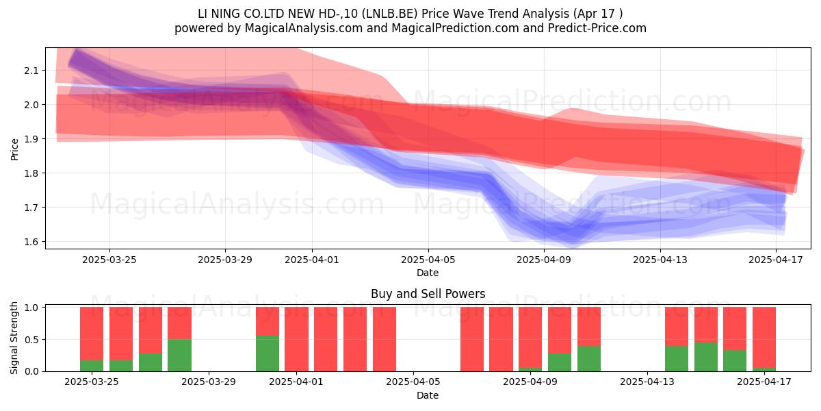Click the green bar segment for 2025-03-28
(x=179, y=356)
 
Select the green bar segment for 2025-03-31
(x=268, y=353)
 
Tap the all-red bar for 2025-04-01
(x=296, y=339)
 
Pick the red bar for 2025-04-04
(x=384, y=339)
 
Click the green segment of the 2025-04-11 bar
(x=589, y=358)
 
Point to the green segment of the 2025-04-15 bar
(x=706, y=357)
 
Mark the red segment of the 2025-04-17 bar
(x=764, y=337)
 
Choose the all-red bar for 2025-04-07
(x=472, y=339)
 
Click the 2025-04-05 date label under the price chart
(x=428, y=260)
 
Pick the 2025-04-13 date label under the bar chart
(x=647, y=382)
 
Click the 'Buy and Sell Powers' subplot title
(x=428, y=294)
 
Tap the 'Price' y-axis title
(x=14, y=149)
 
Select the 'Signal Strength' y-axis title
(x=14, y=338)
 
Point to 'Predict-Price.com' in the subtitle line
(x=597, y=28)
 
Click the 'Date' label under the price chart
(x=428, y=273)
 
